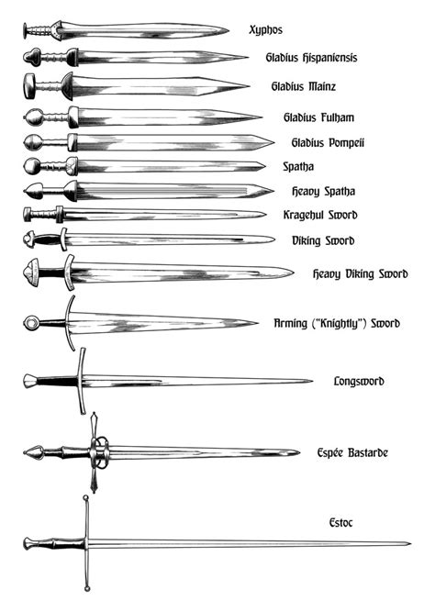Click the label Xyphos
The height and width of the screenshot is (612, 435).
265,29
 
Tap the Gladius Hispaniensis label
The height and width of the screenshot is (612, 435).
311,57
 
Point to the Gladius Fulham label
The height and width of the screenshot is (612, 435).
318,117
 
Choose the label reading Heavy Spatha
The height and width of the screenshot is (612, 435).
323,191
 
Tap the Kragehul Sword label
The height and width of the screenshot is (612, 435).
320,215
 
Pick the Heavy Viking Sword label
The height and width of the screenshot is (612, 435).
360,273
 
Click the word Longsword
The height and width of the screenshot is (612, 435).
358,380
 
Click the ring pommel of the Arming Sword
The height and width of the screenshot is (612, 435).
32,322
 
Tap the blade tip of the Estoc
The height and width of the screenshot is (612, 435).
409,543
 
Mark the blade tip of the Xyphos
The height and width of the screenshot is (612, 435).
227,30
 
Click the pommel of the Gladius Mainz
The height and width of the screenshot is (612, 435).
29,87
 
